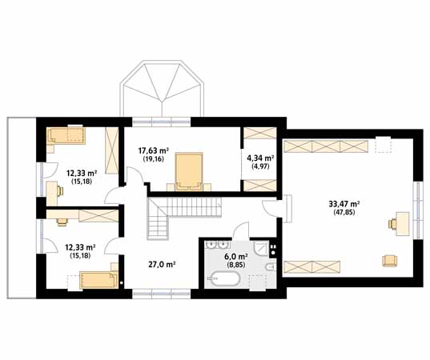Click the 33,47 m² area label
tap(344, 204)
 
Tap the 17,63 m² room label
tap(153, 150)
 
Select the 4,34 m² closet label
tap(260, 158)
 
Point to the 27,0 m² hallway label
tap(162, 264)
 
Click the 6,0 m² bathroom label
tap(236, 257)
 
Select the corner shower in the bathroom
tap(261, 249)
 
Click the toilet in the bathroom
tap(270, 267)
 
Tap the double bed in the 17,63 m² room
tap(189, 172)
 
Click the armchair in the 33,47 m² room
tap(390, 260)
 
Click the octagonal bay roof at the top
tap(163, 88)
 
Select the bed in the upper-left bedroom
tap(66, 135)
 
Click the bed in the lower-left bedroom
tap(98, 280)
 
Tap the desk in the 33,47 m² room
tap(402, 224)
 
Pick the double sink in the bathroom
tap(219, 244)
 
